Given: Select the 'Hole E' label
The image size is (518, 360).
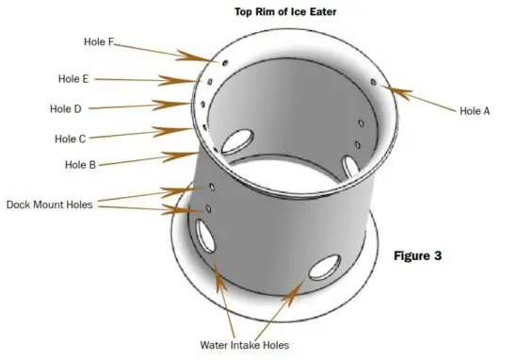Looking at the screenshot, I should (x=73, y=79).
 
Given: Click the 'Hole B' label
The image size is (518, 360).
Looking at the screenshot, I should (x=81, y=165).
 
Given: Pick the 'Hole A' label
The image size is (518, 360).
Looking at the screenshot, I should (x=475, y=110).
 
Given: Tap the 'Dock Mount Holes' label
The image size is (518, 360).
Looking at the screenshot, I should (x=50, y=205).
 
